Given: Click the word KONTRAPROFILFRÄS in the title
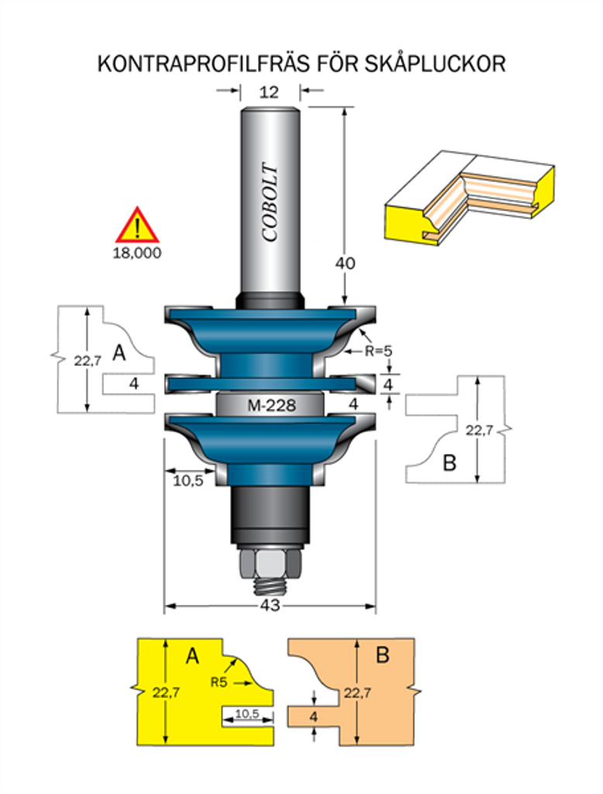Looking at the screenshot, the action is (x=203, y=64).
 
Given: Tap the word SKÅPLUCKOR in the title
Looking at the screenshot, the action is (x=435, y=64).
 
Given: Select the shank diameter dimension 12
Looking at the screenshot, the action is (x=269, y=92).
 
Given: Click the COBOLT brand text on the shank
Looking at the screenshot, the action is (x=270, y=202).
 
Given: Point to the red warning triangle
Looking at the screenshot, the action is (x=137, y=226).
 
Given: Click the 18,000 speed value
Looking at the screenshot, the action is (x=136, y=253).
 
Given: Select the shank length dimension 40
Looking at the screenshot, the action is (x=345, y=264).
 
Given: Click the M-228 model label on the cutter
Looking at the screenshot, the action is (x=272, y=405).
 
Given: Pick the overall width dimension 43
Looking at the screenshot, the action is (x=270, y=605).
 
